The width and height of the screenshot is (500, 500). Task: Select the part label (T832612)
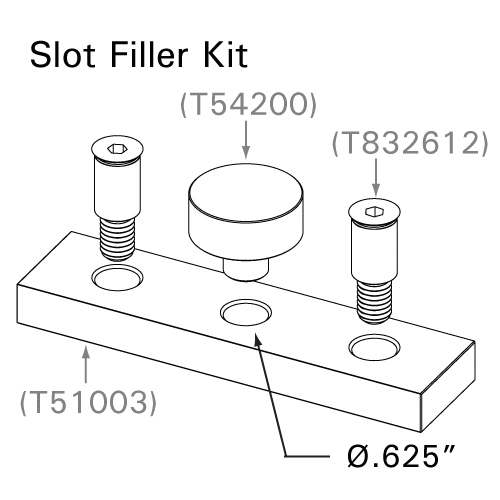[x=411, y=145]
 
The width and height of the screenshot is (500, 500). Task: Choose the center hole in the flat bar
[x=245, y=313]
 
